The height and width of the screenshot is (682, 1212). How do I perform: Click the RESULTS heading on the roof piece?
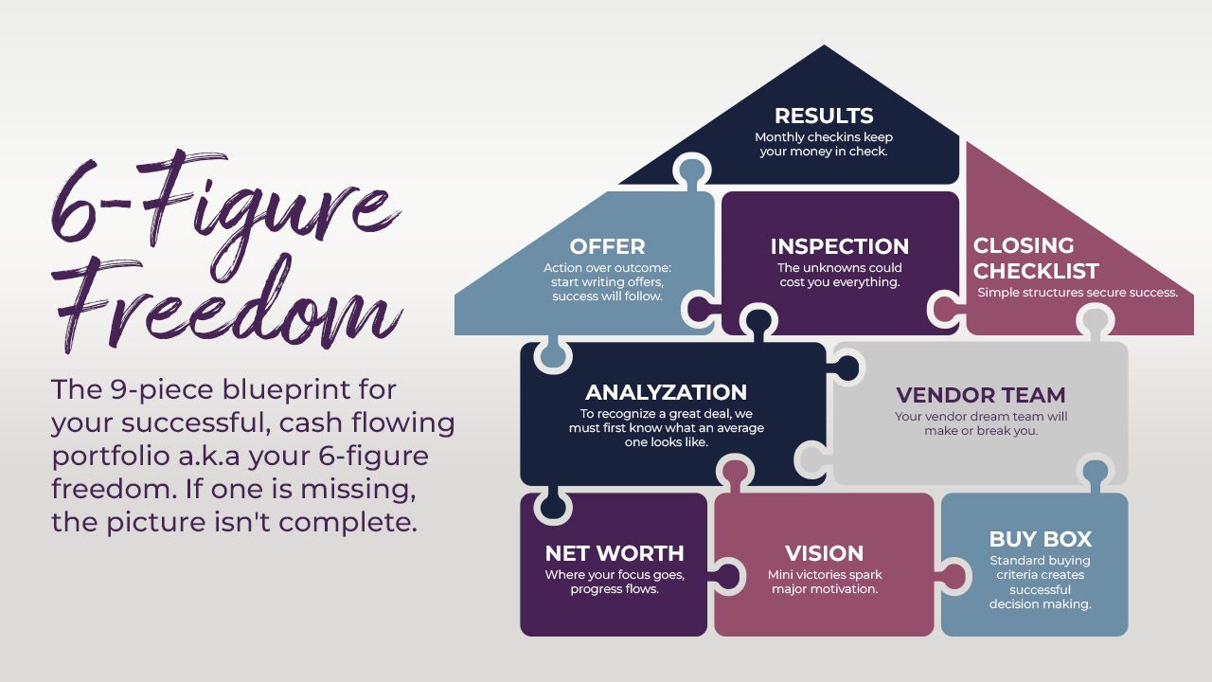[824, 117]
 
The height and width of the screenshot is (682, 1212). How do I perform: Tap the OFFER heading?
[607, 247]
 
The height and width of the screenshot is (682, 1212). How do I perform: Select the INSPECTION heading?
[839, 247]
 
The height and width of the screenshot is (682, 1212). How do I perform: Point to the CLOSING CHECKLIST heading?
[1036, 258]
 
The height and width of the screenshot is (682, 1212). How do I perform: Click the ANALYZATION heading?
[666, 392]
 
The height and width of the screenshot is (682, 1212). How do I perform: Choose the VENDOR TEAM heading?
[980, 395]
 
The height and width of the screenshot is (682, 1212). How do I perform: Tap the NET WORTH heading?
[614, 553]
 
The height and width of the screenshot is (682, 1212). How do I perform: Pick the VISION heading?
[824, 553]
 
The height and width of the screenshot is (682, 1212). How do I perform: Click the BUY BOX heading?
[1040, 539]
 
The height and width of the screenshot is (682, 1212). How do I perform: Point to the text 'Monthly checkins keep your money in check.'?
[824, 144]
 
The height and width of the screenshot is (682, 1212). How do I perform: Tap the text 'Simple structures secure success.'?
[1078, 293]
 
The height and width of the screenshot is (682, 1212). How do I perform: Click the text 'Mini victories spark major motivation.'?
[824, 582]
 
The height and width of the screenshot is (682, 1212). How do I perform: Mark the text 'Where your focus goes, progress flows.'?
[614, 582]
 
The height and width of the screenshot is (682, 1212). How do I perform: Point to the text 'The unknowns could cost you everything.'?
[839, 275]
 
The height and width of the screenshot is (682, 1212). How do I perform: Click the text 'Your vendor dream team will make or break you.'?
[980, 423]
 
